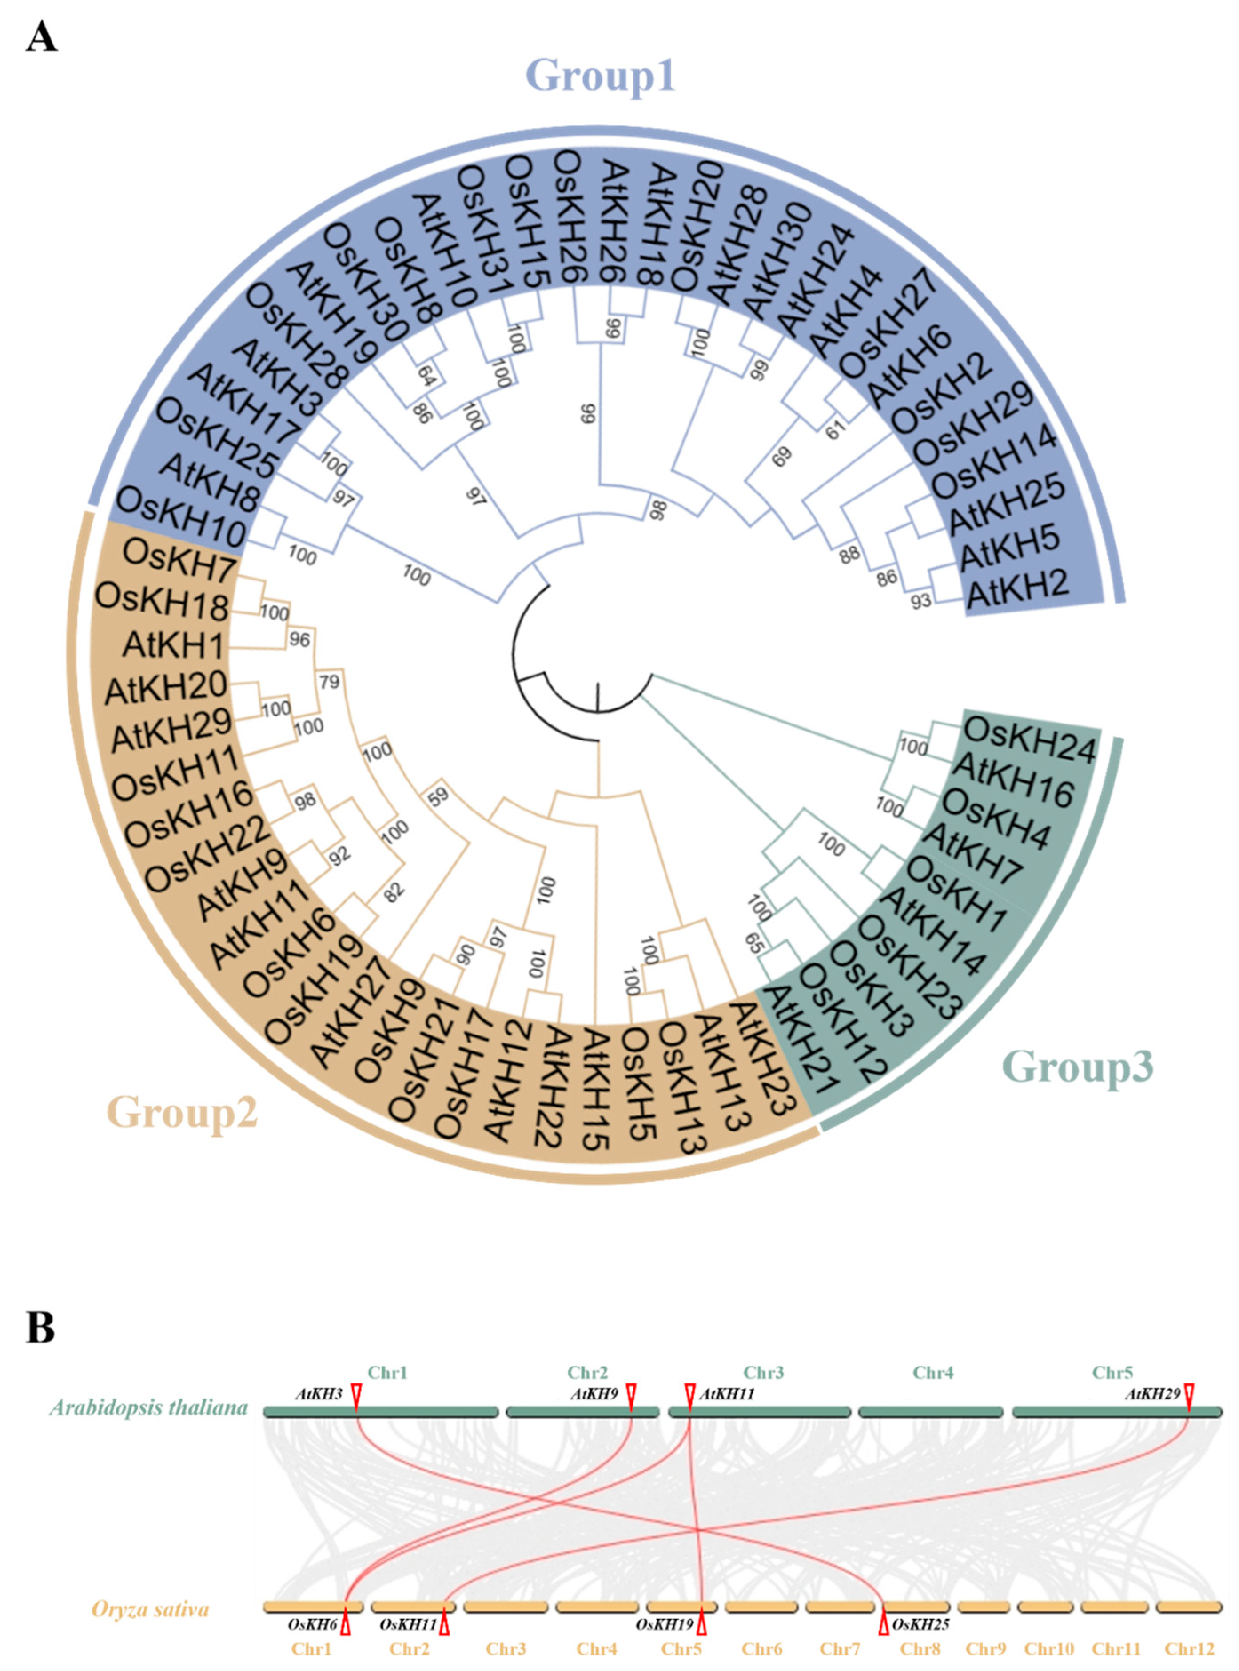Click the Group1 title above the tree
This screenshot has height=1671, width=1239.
pyautogui.click(x=600, y=76)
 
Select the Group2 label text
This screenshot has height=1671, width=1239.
pyautogui.click(x=182, y=1111)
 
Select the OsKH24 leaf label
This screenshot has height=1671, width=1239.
pyautogui.click(x=1029, y=739)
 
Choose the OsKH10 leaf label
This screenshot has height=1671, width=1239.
pyautogui.click(x=182, y=514)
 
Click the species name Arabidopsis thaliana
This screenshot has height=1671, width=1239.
pyautogui.click(x=148, y=1407)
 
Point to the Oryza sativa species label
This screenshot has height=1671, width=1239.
pyautogui.click(x=150, y=1610)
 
